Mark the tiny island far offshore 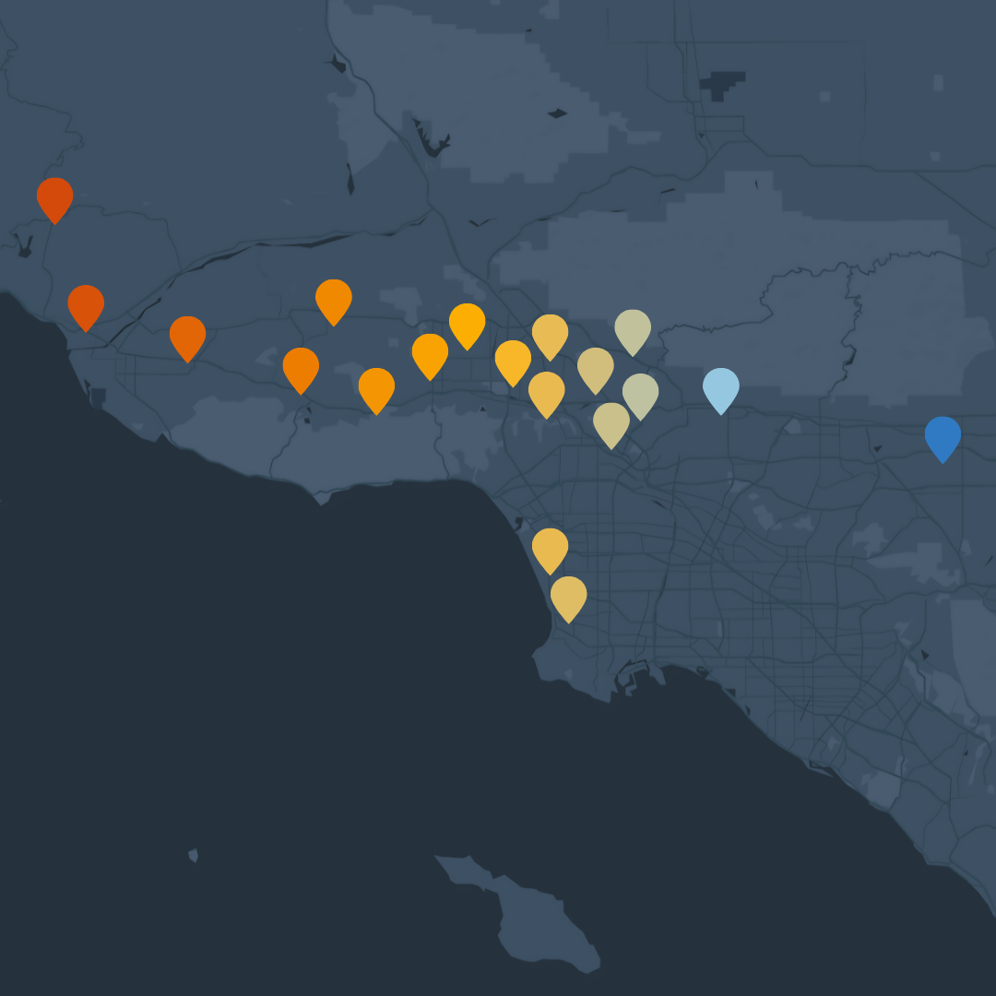click(x=193, y=856)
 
